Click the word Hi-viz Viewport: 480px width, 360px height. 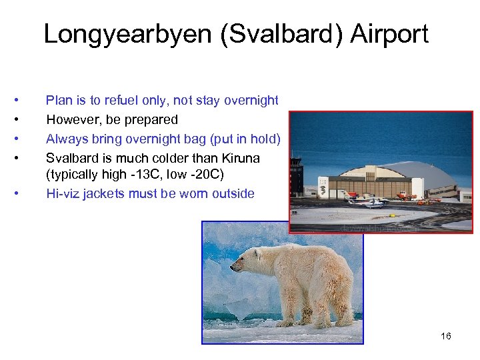62,194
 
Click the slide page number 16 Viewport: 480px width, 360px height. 446,336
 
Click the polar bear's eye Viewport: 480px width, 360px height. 244,259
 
